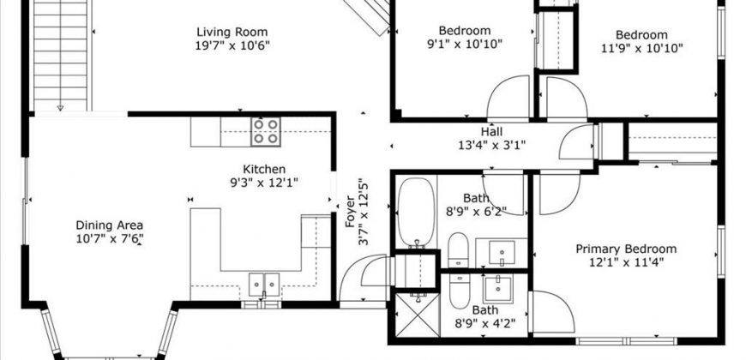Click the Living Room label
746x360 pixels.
[x=232, y=32]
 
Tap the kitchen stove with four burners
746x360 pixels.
[x=266, y=132]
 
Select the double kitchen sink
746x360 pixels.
[x=264, y=285]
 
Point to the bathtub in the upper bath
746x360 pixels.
[x=416, y=213]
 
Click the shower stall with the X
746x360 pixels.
[x=417, y=315]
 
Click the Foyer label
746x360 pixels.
[x=350, y=211]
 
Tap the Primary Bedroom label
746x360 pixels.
[x=626, y=249]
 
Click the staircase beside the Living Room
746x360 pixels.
[x=60, y=55]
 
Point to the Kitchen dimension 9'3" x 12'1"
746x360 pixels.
[x=264, y=182]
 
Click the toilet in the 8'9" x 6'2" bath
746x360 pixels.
[x=459, y=249]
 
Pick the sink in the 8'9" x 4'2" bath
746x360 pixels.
[x=498, y=289]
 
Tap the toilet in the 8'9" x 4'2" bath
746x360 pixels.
[x=459, y=291]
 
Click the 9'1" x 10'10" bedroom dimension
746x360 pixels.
[x=465, y=44]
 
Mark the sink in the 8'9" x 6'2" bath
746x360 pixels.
[x=502, y=252]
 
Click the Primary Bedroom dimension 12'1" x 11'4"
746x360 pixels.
[x=626, y=261]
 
